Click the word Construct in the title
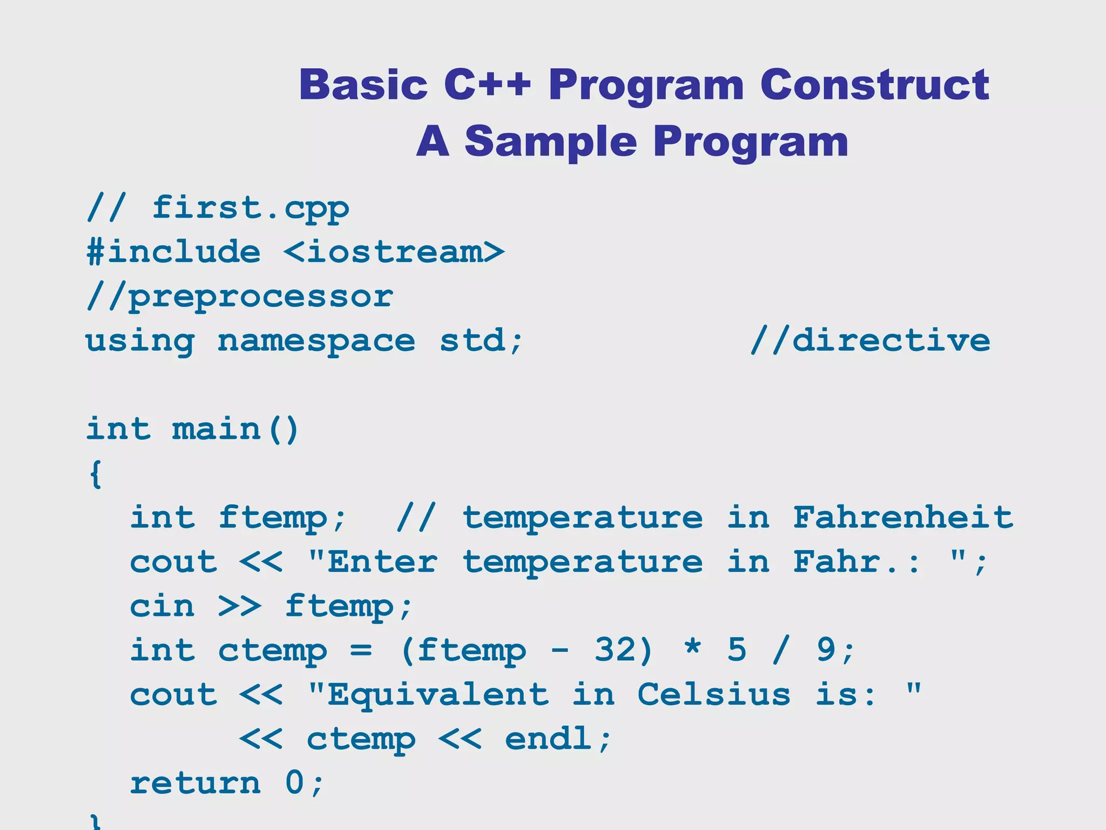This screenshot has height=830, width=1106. pyautogui.click(x=874, y=85)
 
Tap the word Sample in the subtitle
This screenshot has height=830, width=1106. pyautogui.click(x=550, y=142)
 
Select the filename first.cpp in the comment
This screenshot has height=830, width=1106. pyautogui.click(x=251, y=209)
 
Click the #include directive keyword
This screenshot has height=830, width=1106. pyautogui.click(x=173, y=252)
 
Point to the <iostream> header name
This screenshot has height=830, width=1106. pyautogui.click(x=394, y=252)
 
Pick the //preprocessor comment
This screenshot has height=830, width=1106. pyautogui.click(x=240, y=297)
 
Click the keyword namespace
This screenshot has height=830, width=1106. pyautogui.click(x=316, y=342)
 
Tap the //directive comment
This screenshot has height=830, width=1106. pyautogui.click(x=870, y=340)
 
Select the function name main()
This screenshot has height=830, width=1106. pyautogui.click(x=235, y=430)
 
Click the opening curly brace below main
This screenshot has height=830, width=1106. pyautogui.click(x=96, y=474)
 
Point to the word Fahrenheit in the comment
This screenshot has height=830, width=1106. pyautogui.click(x=903, y=518)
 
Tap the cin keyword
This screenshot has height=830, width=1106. pyautogui.click(x=162, y=606)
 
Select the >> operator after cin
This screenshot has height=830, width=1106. pyautogui.click(x=240, y=606)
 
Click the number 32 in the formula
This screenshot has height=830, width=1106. pyautogui.click(x=616, y=650)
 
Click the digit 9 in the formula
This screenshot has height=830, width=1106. pyautogui.click(x=826, y=650)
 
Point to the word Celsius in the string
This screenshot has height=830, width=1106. pyautogui.click(x=714, y=694)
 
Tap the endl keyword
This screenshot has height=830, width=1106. pyautogui.click(x=549, y=739)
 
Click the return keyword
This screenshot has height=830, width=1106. pyautogui.click(x=195, y=783)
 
